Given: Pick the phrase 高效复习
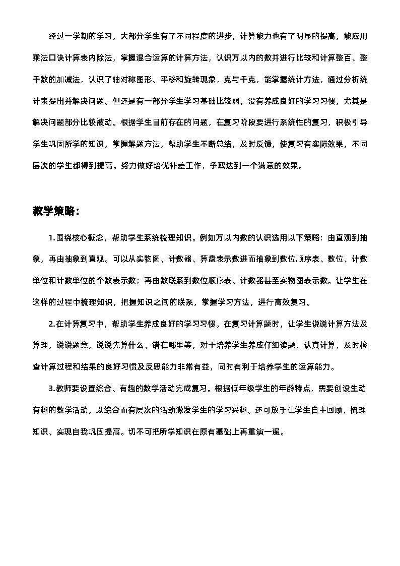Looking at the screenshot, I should coord(290,302).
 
